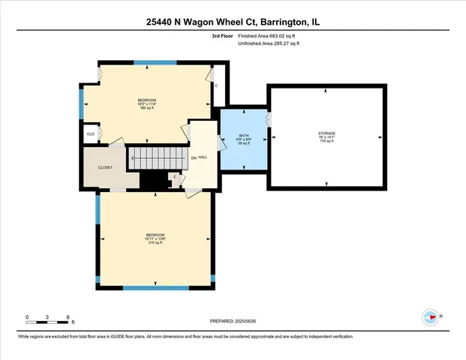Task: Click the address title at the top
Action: (x=233, y=22)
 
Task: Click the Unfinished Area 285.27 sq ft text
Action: (x=269, y=44)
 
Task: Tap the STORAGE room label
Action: (x=326, y=136)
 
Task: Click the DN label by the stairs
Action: (x=193, y=157)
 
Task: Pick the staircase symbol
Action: (x=156, y=158)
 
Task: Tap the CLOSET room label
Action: (x=105, y=167)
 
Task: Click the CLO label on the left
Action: (x=90, y=135)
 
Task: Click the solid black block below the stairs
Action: (x=154, y=181)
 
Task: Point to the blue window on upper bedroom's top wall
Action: (x=155, y=63)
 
